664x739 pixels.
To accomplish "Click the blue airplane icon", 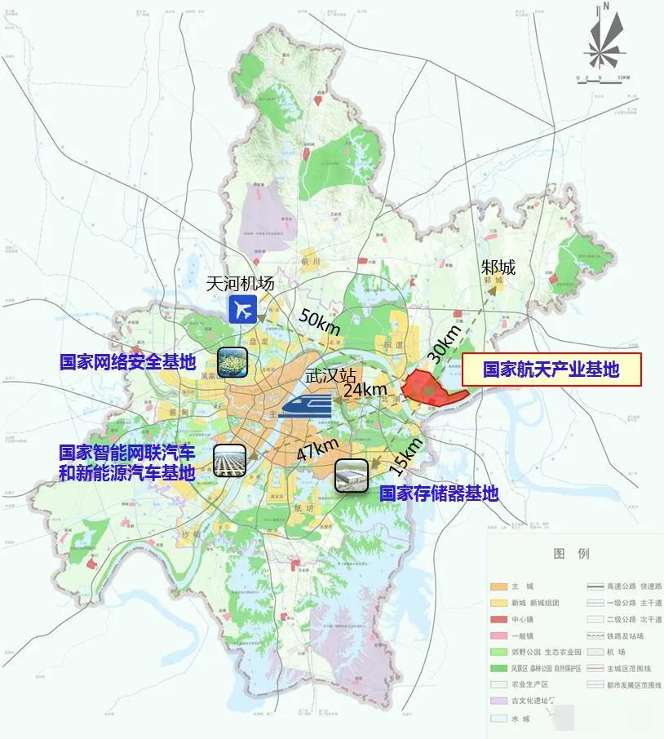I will pos(242,309).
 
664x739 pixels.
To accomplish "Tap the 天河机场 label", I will pos(238,283).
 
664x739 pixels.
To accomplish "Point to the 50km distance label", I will pos(319,321).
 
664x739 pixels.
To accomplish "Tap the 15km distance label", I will pos(406,454).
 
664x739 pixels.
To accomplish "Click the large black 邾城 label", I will pos(498,267).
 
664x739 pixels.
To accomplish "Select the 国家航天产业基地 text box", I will pos(551,369).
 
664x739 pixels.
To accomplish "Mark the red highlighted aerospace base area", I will pos(431,387).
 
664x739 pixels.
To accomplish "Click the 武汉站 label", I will pos(329,377).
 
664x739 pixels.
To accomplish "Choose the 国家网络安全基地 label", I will pos(127,361).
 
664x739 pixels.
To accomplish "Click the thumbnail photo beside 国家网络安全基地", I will pos(232,361).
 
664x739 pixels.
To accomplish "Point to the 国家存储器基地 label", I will pos(438,493).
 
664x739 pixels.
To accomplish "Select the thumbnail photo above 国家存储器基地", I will pos(352,475).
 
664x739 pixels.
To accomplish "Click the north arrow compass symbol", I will pos(604,40).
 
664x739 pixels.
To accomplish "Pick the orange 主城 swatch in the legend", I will pos(499,586).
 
